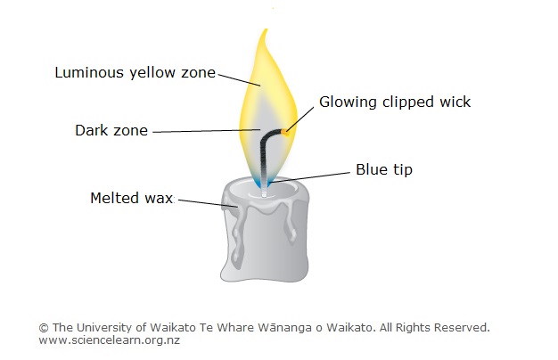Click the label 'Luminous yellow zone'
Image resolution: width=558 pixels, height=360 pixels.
click(x=135, y=72)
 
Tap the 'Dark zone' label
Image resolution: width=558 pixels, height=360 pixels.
click(x=111, y=130)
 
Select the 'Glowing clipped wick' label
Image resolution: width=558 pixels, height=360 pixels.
click(x=395, y=102)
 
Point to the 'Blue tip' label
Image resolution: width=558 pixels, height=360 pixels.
click(x=384, y=168)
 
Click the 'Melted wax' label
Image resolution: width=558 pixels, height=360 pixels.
click(x=132, y=197)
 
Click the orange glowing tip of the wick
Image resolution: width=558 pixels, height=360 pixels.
click(x=285, y=131)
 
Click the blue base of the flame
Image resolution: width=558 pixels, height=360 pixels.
click(x=262, y=183)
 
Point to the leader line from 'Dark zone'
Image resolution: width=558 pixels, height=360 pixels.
click(x=205, y=132)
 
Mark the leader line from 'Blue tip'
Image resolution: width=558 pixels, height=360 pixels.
click(x=313, y=176)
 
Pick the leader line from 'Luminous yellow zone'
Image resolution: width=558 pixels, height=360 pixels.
click(x=238, y=79)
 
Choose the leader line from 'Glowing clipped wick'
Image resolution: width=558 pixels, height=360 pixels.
click(x=301, y=117)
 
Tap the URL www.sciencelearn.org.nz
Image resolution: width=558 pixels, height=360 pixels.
click(x=109, y=341)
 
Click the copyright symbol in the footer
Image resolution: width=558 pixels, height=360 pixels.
click(x=44, y=328)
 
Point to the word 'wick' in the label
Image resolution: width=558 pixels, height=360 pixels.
click(x=454, y=102)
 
